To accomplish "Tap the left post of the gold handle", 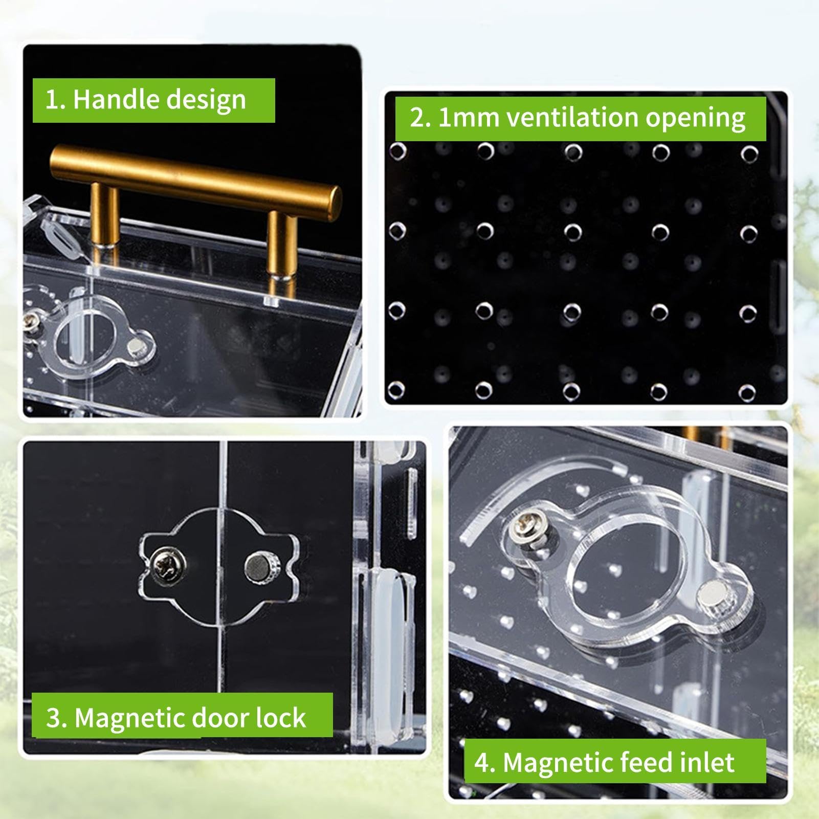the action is [104, 217].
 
